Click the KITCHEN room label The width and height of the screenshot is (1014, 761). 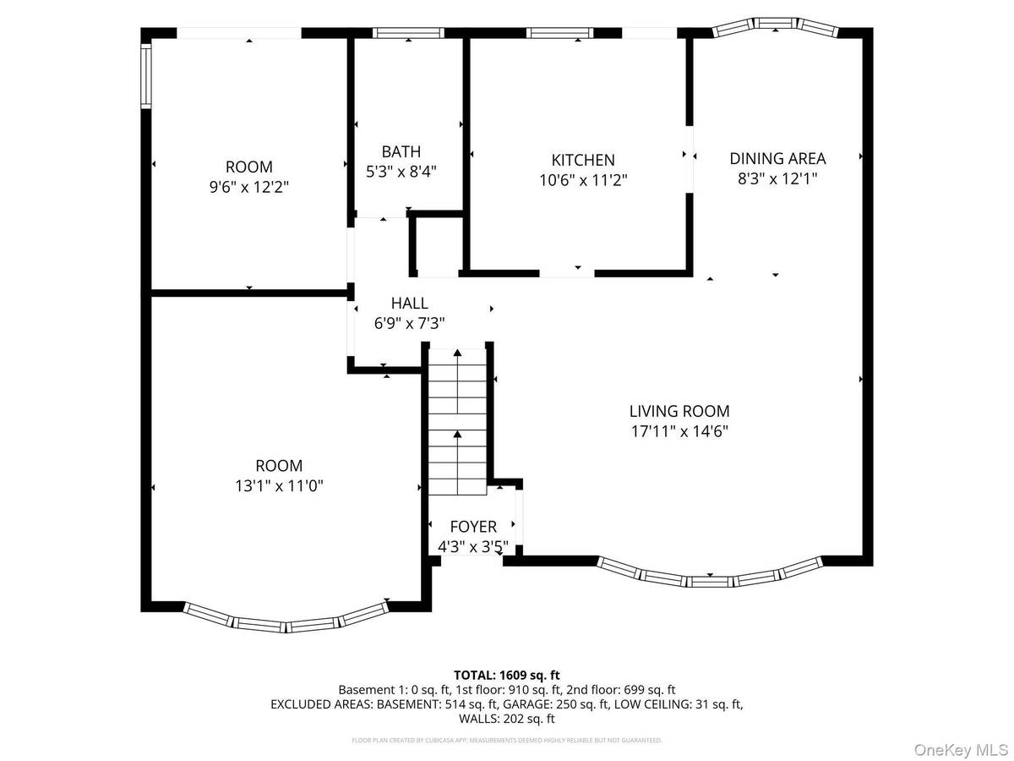click(582, 160)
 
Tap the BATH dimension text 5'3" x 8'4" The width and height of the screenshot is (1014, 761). click(401, 172)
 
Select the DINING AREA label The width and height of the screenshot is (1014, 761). click(777, 158)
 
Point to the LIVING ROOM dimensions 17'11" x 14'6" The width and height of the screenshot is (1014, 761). click(679, 431)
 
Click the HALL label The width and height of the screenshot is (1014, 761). click(409, 303)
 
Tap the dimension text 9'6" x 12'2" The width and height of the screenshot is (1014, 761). click(248, 187)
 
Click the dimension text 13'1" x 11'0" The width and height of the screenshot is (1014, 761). click(279, 485)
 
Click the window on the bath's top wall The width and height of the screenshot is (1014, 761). click(408, 33)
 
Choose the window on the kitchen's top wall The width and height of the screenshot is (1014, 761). click(559, 33)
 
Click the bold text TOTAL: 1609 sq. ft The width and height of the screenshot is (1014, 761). click(507, 675)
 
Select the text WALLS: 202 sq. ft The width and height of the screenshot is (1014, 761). click(507, 719)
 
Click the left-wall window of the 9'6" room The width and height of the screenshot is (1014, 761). click(145, 76)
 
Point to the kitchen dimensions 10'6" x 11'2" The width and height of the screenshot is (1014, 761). click(583, 179)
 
